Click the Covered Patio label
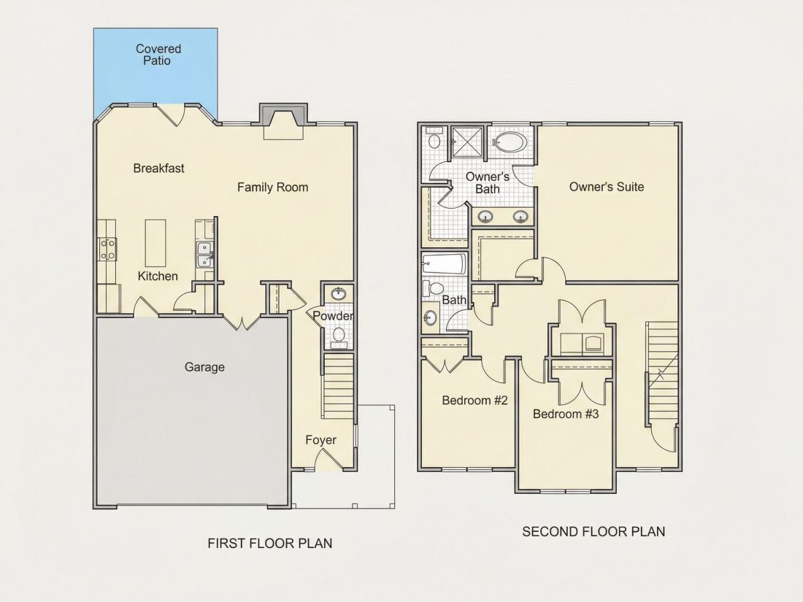158,55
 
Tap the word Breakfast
158,168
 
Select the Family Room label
272,188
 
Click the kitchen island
155,241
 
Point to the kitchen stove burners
107,250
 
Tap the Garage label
204,367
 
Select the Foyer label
321,440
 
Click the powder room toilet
338,336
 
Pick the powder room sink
338,294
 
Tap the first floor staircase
338,387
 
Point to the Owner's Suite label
607,187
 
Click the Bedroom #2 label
474,401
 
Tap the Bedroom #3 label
565,414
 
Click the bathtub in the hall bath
444,265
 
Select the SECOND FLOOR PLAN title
593,532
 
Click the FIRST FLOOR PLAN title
270,543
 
